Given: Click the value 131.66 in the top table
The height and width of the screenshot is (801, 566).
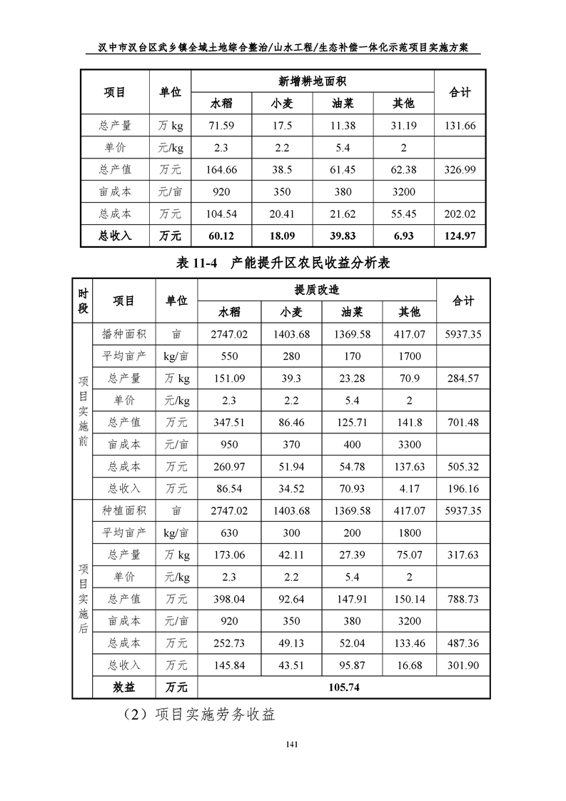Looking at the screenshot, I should (460, 126).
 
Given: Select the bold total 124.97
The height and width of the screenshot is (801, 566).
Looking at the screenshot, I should (460, 236).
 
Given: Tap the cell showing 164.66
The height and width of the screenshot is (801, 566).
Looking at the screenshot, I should (221, 170).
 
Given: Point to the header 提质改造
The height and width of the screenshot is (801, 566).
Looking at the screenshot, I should (317, 290).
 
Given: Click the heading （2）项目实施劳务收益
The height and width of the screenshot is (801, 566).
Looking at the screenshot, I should (199, 715).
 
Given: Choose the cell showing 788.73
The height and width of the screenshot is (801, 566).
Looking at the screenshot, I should (463, 599).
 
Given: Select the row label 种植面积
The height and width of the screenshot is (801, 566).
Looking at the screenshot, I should (124, 510).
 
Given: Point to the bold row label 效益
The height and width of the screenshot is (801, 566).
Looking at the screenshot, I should (124, 687).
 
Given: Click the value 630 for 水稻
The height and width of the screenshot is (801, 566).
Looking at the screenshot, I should (229, 533).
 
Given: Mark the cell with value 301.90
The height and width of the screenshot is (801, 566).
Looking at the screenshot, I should (463, 665).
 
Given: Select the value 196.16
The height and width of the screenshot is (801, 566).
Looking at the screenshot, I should (463, 489).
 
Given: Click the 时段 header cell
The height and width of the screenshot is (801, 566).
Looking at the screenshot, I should (83, 301).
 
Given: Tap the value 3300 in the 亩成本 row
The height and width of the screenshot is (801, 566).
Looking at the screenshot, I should (410, 445).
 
